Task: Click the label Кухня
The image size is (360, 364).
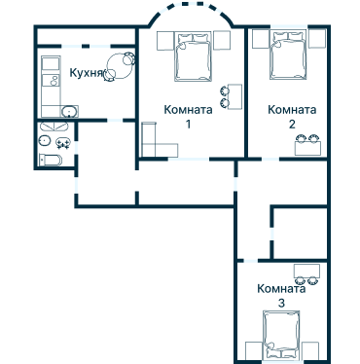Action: (87, 74)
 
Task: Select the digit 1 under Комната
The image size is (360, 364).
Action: (188, 124)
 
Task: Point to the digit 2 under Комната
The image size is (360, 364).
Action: (291, 124)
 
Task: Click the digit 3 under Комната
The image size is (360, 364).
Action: (281, 303)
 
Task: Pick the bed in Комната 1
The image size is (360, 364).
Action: (192, 57)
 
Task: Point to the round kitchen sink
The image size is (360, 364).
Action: (67, 111)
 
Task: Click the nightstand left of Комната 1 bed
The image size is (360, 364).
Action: (161, 39)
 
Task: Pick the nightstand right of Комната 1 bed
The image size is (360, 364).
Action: (222, 39)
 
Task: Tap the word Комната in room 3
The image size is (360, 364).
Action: (281, 289)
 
